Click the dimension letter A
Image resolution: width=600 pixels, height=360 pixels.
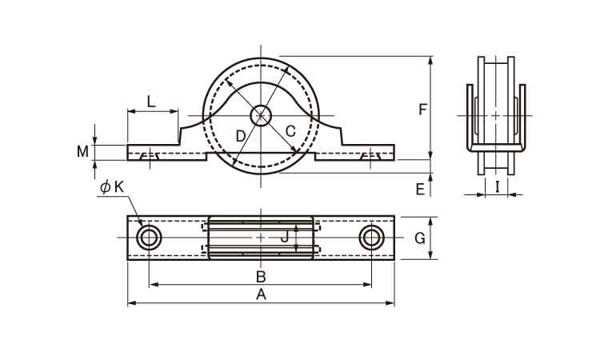[x=261, y=295]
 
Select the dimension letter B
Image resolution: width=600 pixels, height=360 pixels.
[x=261, y=276]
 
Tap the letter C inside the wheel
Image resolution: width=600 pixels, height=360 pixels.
[x=291, y=131]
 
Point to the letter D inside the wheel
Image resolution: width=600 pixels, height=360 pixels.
[x=240, y=136]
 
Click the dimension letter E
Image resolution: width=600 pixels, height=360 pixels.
[x=420, y=190]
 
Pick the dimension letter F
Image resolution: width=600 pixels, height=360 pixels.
[x=422, y=110]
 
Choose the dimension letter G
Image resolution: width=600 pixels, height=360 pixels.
[x=420, y=238]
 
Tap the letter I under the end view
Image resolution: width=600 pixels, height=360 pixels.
[x=497, y=187]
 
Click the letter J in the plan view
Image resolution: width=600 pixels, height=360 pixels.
[x=284, y=238]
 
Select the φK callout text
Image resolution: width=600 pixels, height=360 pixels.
[x=112, y=187]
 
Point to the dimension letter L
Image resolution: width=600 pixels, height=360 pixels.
[x=152, y=102]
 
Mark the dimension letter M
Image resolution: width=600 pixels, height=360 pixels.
[x=82, y=151]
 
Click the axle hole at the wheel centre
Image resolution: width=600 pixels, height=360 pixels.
[x=261, y=115]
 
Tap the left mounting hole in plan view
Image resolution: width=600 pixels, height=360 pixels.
[x=149, y=238]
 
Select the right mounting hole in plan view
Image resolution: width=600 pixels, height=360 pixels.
[x=371, y=238]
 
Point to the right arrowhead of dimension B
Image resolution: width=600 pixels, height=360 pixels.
[x=367, y=284]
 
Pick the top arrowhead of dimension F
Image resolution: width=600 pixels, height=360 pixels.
[x=431, y=61]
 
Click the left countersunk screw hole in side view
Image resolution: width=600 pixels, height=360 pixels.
[x=150, y=156]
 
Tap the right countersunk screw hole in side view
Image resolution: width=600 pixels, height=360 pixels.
[x=370, y=156]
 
